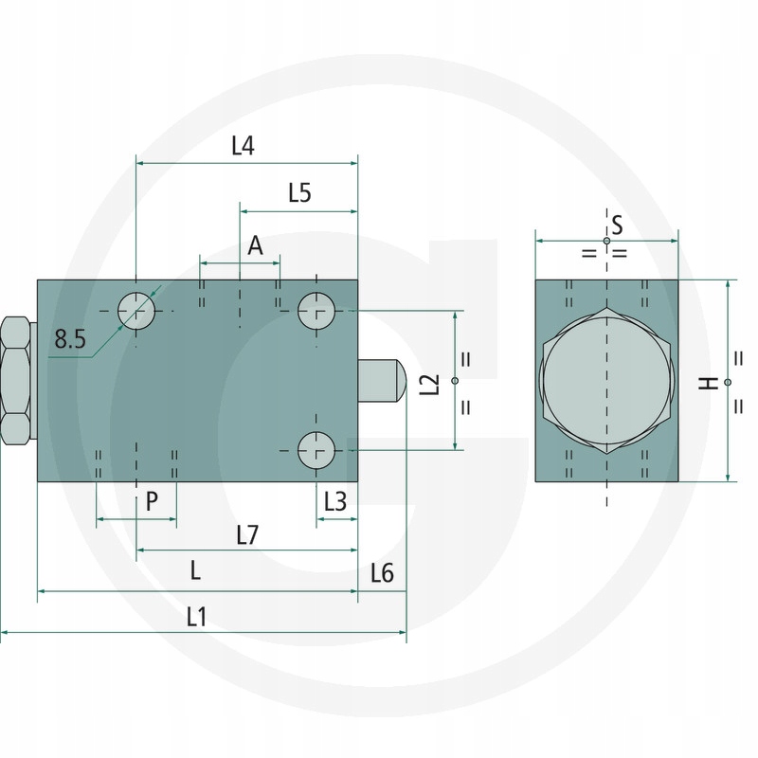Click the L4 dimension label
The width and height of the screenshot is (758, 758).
tap(244, 146)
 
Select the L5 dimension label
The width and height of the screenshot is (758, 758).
tap(299, 193)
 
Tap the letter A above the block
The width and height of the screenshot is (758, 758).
tap(255, 246)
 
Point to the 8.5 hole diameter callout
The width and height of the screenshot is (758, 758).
tap(70, 338)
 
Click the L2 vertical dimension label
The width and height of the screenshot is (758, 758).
tap(431, 384)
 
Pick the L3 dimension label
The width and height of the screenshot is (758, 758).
tap(335, 501)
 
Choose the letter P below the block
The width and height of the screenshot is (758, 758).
tap(152, 501)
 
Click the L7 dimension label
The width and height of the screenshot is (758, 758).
tap(246, 535)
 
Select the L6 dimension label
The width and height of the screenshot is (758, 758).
tap(383, 572)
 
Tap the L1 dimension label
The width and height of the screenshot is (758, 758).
tap(196, 617)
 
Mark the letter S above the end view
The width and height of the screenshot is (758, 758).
tap(616, 225)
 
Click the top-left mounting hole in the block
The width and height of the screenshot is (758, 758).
tap(136, 310)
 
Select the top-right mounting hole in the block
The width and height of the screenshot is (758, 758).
tap(316, 310)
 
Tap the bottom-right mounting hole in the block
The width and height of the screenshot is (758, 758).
tap(316, 449)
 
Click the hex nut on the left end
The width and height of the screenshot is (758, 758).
tap(16, 381)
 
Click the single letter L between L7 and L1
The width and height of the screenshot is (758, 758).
tap(195, 571)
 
